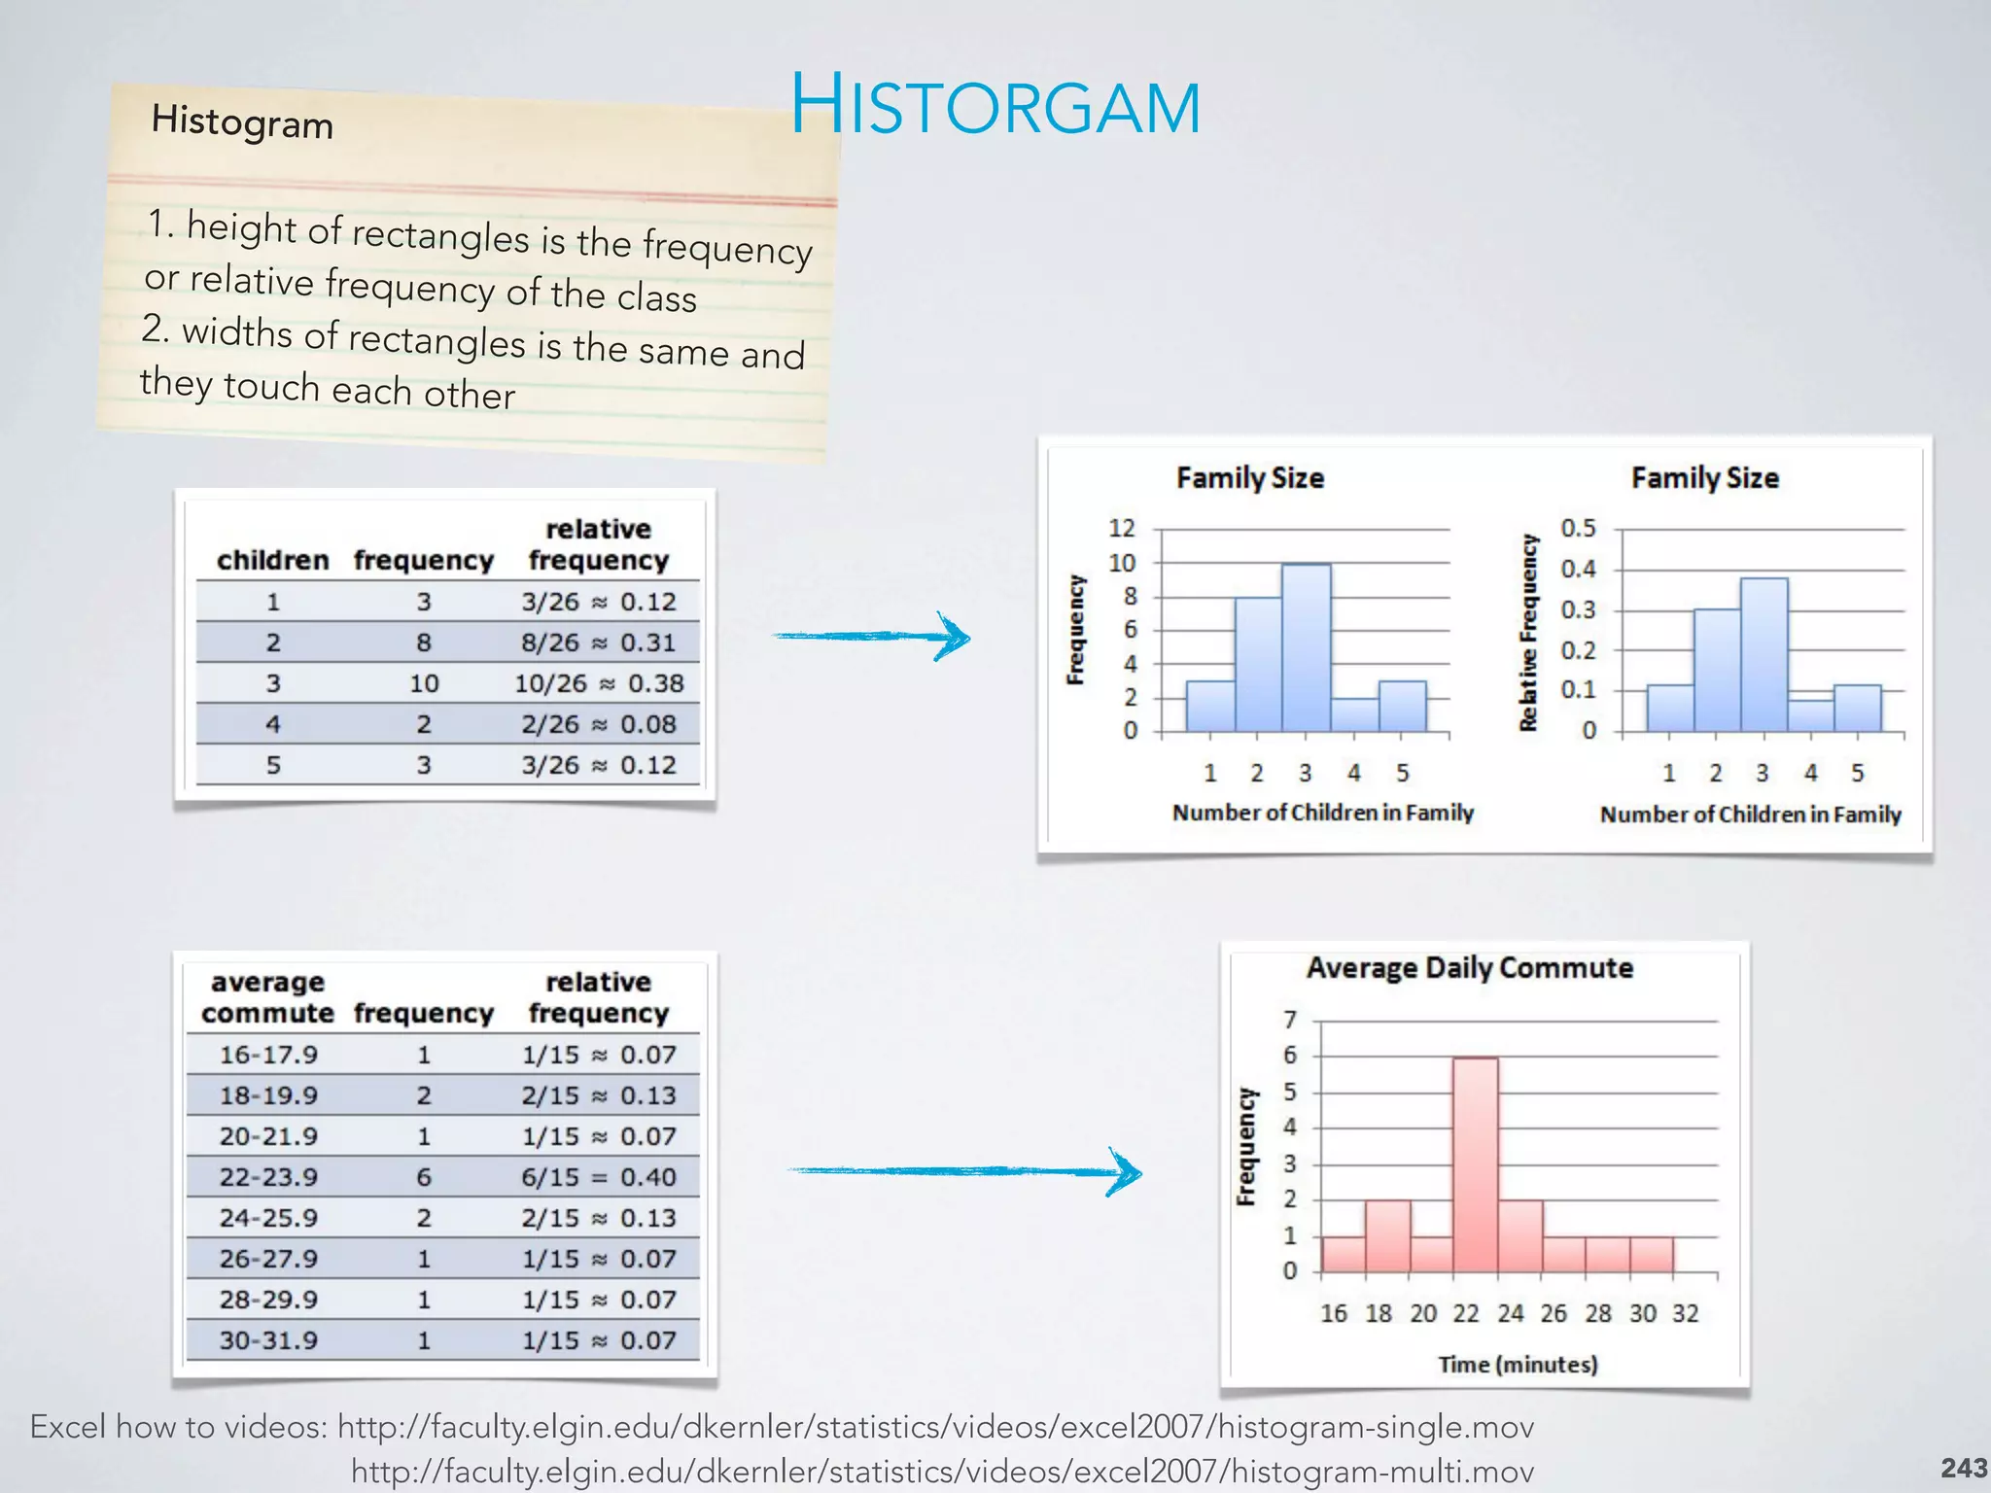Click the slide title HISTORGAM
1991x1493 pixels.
click(995, 106)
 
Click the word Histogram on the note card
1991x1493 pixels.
click(242, 122)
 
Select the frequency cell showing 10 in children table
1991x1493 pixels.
click(424, 683)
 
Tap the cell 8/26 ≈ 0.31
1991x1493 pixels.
click(598, 642)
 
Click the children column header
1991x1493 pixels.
click(272, 560)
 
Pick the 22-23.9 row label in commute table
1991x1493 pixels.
click(268, 1177)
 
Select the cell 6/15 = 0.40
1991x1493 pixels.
click(598, 1177)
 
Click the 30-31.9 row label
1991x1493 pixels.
click(268, 1340)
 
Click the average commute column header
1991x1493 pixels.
click(267, 997)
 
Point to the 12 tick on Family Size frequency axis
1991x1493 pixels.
click(1122, 528)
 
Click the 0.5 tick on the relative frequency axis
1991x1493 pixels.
click(1578, 528)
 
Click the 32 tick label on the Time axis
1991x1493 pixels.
click(1685, 1313)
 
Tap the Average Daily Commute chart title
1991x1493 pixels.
click(1469, 968)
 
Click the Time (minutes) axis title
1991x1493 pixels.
click(1518, 1365)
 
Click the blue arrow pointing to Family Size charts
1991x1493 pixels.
click(872, 637)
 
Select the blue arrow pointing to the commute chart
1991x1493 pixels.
click(963, 1171)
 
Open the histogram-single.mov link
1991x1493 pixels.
click(935, 1427)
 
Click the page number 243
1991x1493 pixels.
click(1964, 1468)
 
